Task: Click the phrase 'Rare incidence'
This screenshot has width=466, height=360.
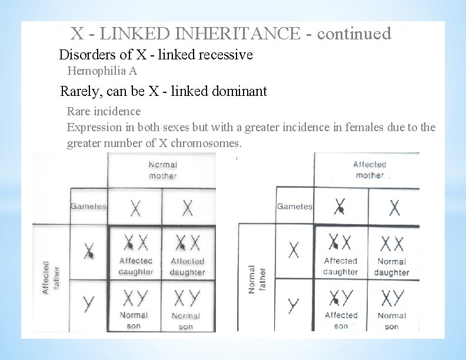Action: point(104,111)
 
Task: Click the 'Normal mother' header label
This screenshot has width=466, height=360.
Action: point(162,170)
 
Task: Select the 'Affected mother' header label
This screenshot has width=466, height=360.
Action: point(369,169)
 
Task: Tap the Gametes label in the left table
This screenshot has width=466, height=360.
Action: point(88,206)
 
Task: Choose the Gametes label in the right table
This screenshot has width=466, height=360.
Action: point(294,206)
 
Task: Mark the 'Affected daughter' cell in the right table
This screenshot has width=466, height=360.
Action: point(341,253)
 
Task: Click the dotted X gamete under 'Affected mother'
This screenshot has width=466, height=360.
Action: point(340,206)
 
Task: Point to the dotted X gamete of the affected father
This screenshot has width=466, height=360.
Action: point(89,252)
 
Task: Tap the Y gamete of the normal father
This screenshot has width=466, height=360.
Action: point(294,305)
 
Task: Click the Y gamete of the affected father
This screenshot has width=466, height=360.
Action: point(89,304)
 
